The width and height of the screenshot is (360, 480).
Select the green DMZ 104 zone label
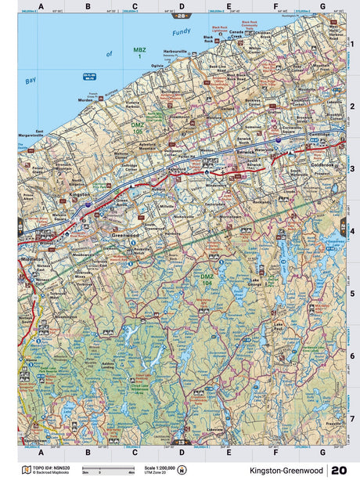point(207,278)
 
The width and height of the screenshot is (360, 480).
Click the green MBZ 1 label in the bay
point(142,54)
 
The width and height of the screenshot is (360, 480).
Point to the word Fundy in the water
point(181,31)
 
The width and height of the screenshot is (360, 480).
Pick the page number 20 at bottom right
point(340,471)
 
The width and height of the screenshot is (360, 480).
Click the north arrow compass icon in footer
point(183,470)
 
